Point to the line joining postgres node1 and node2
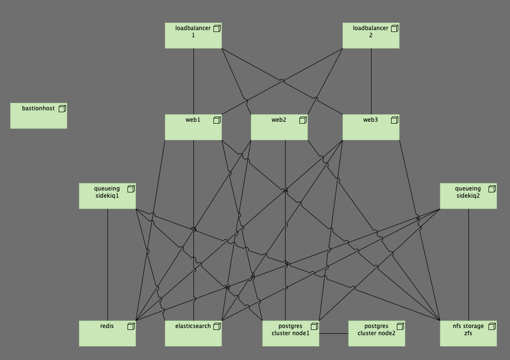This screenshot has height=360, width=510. [333, 333]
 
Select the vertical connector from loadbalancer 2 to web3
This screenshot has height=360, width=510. [371, 81]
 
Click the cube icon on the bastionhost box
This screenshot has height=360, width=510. [62, 109]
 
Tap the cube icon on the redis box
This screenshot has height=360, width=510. [131, 326]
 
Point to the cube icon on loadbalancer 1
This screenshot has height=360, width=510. [217, 29]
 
